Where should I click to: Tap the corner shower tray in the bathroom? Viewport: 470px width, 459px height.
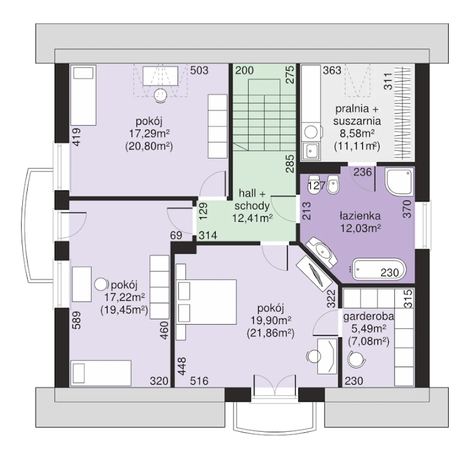click(399, 182)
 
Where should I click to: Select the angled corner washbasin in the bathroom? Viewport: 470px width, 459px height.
click(321, 252)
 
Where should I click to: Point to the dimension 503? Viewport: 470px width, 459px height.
click(199, 70)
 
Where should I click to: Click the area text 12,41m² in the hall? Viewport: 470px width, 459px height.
click(252, 218)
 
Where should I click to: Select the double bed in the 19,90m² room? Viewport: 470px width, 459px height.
click(206, 302)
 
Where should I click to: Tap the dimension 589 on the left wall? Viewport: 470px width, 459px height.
click(76, 320)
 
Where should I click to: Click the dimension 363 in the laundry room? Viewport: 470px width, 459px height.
click(332, 70)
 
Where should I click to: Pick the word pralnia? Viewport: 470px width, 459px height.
click(352, 109)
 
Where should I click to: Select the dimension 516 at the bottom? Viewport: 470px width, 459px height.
click(199, 381)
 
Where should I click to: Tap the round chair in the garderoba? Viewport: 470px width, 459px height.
click(357, 359)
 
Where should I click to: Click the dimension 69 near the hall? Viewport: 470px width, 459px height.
click(176, 236)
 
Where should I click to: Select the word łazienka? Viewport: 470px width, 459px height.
click(360, 216)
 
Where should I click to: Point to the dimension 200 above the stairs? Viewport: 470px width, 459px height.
click(245, 70)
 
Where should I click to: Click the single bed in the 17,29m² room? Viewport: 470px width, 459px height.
click(83, 95)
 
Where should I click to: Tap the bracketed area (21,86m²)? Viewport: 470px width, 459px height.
click(271, 334)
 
